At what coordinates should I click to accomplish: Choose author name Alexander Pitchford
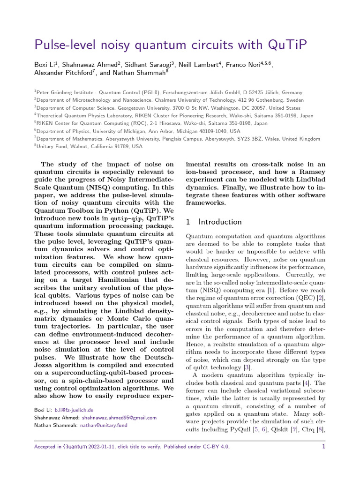63,73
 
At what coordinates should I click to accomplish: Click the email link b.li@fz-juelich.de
74,409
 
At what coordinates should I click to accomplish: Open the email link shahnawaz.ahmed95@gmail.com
119,417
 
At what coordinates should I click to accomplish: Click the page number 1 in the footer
323,447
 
